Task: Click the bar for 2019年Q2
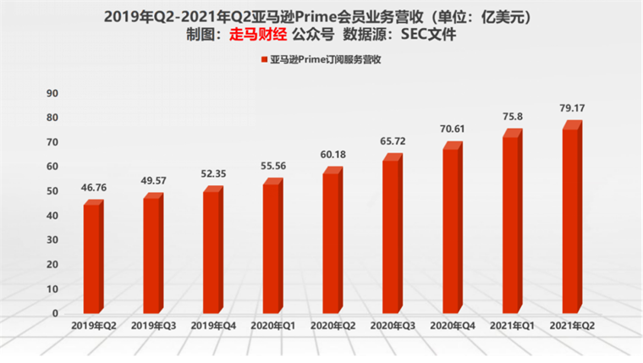point(93,257)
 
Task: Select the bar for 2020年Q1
point(272,245)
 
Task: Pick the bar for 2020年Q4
point(452,228)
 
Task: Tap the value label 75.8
point(513,118)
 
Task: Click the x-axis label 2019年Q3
point(153,326)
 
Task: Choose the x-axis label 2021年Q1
point(512,326)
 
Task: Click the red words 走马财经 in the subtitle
point(258,35)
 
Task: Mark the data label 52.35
point(213,175)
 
